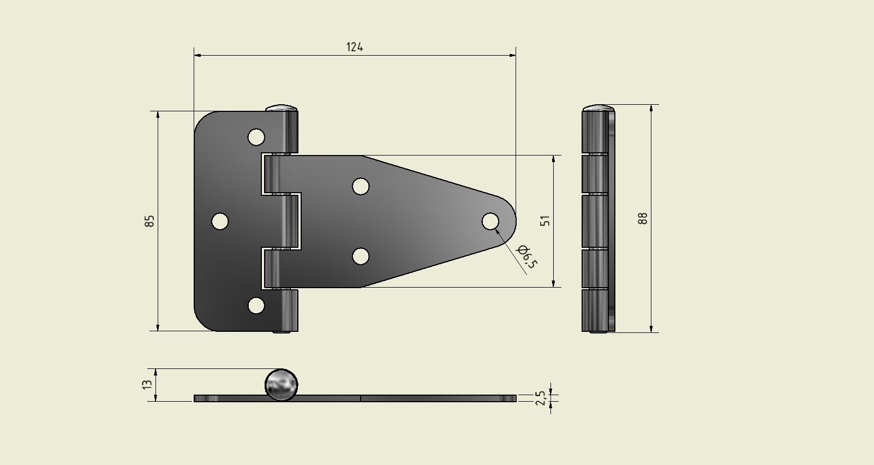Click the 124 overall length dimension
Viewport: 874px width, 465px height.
[x=355, y=47]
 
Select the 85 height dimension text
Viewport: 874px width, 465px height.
[x=149, y=221]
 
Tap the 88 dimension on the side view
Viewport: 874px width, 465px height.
[x=643, y=218]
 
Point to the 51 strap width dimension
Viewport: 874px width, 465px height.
[x=545, y=220]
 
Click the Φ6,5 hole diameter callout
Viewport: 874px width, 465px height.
[x=527, y=257]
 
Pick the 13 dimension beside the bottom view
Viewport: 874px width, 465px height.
[x=147, y=384]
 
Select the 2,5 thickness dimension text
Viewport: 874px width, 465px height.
[x=540, y=397]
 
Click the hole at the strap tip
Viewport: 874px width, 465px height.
[x=490, y=222]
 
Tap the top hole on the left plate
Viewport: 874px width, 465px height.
[x=256, y=137]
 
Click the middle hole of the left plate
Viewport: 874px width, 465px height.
[x=219, y=222]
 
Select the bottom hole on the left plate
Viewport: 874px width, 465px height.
[x=256, y=306]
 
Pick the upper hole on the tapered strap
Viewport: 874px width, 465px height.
[x=360, y=186]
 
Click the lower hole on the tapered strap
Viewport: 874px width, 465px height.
[x=360, y=256]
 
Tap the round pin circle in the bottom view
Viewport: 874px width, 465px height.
[x=282, y=384]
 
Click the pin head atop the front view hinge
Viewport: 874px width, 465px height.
[x=282, y=107]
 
